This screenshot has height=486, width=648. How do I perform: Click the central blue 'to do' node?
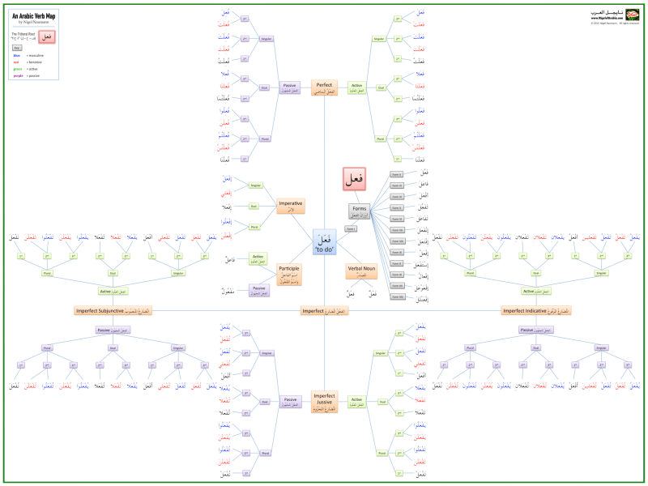(x=324, y=242)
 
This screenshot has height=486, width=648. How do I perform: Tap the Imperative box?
(x=291, y=206)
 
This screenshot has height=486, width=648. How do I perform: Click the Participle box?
(x=291, y=273)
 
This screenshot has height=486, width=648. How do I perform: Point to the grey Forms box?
(x=358, y=211)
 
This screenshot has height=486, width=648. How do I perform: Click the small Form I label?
(x=352, y=229)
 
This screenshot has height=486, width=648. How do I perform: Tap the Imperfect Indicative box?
(x=536, y=310)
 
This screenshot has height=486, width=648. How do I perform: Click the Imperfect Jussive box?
(x=324, y=399)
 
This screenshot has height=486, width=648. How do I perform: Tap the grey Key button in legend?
(x=17, y=48)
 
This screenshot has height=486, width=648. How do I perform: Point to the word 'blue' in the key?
(x=17, y=55)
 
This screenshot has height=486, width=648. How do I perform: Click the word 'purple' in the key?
(x=18, y=76)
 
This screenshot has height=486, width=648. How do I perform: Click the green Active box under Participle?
(x=258, y=258)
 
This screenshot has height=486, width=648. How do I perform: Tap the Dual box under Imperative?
(x=254, y=206)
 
